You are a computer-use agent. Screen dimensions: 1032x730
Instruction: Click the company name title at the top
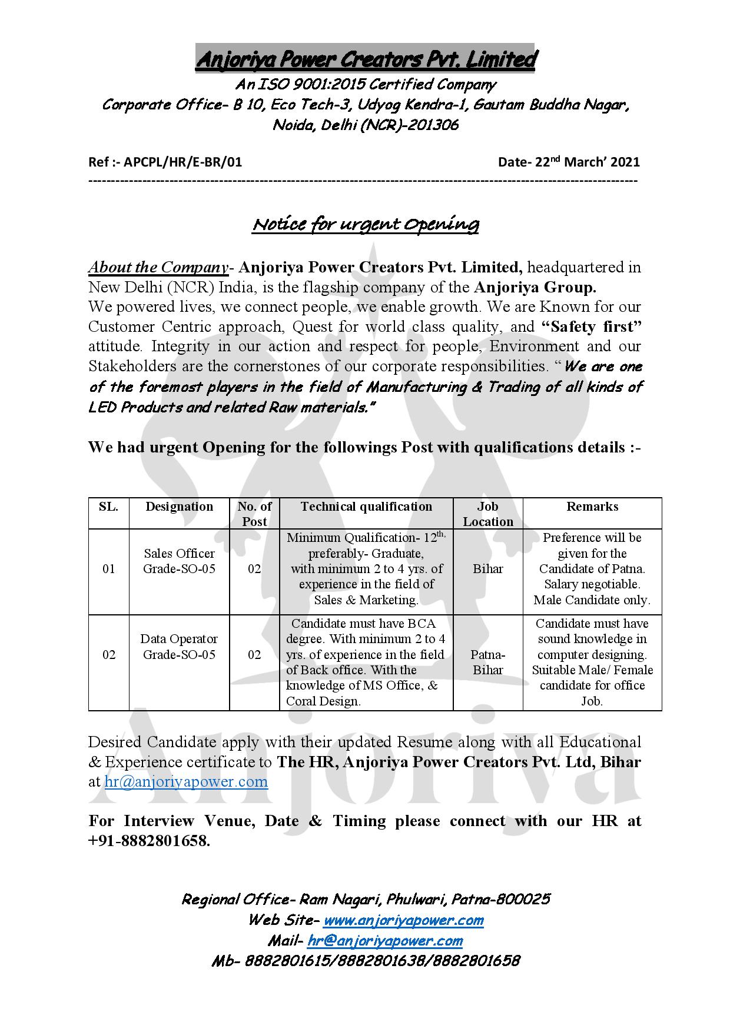point(365,59)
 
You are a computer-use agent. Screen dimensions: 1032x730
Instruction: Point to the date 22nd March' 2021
point(587,162)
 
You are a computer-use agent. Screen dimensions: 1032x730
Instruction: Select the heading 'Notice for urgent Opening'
point(365,224)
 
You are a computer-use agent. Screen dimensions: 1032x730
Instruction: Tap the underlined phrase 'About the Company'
point(158,267)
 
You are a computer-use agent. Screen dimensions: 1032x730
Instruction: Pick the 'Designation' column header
point(180,507)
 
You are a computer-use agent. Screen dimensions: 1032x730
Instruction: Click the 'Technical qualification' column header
point(366,507)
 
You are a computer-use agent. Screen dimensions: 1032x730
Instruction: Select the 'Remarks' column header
point(592,507)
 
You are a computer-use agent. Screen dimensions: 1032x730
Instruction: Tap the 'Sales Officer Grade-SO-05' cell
point(180,561)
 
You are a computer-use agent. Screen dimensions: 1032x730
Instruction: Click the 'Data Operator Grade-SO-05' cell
point(180,647)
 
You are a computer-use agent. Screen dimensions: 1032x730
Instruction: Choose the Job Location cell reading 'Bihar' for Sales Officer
point(488,569)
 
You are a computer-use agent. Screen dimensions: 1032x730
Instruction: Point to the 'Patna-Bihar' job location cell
point(488,662)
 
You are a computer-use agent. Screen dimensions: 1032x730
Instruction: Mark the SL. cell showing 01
point(109,569)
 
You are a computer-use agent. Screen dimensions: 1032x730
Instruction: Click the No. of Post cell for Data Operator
point(254,654)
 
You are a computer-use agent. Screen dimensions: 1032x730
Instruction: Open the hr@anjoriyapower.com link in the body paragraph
point(186,782)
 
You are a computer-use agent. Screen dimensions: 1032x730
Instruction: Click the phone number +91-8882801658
point(148,841)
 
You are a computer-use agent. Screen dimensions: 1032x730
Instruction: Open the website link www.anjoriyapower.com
point(403,920)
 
